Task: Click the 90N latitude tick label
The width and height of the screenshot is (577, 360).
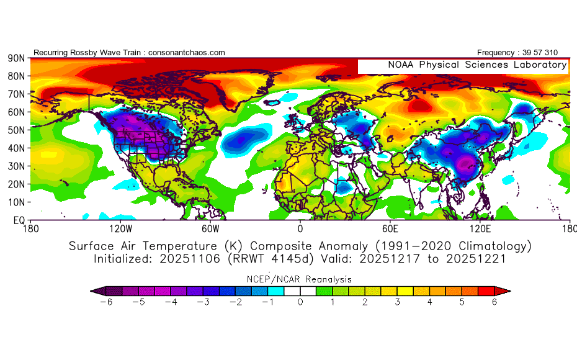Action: (16, 58)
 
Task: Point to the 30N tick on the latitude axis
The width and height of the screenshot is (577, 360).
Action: (16, 166)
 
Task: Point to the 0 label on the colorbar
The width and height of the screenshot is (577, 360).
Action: (300, 302)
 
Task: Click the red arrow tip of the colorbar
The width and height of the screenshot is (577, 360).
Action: (506, 290)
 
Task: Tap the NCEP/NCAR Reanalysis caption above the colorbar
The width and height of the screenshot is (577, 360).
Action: (300, 279)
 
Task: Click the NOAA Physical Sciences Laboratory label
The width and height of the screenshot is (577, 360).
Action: (477, 65)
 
